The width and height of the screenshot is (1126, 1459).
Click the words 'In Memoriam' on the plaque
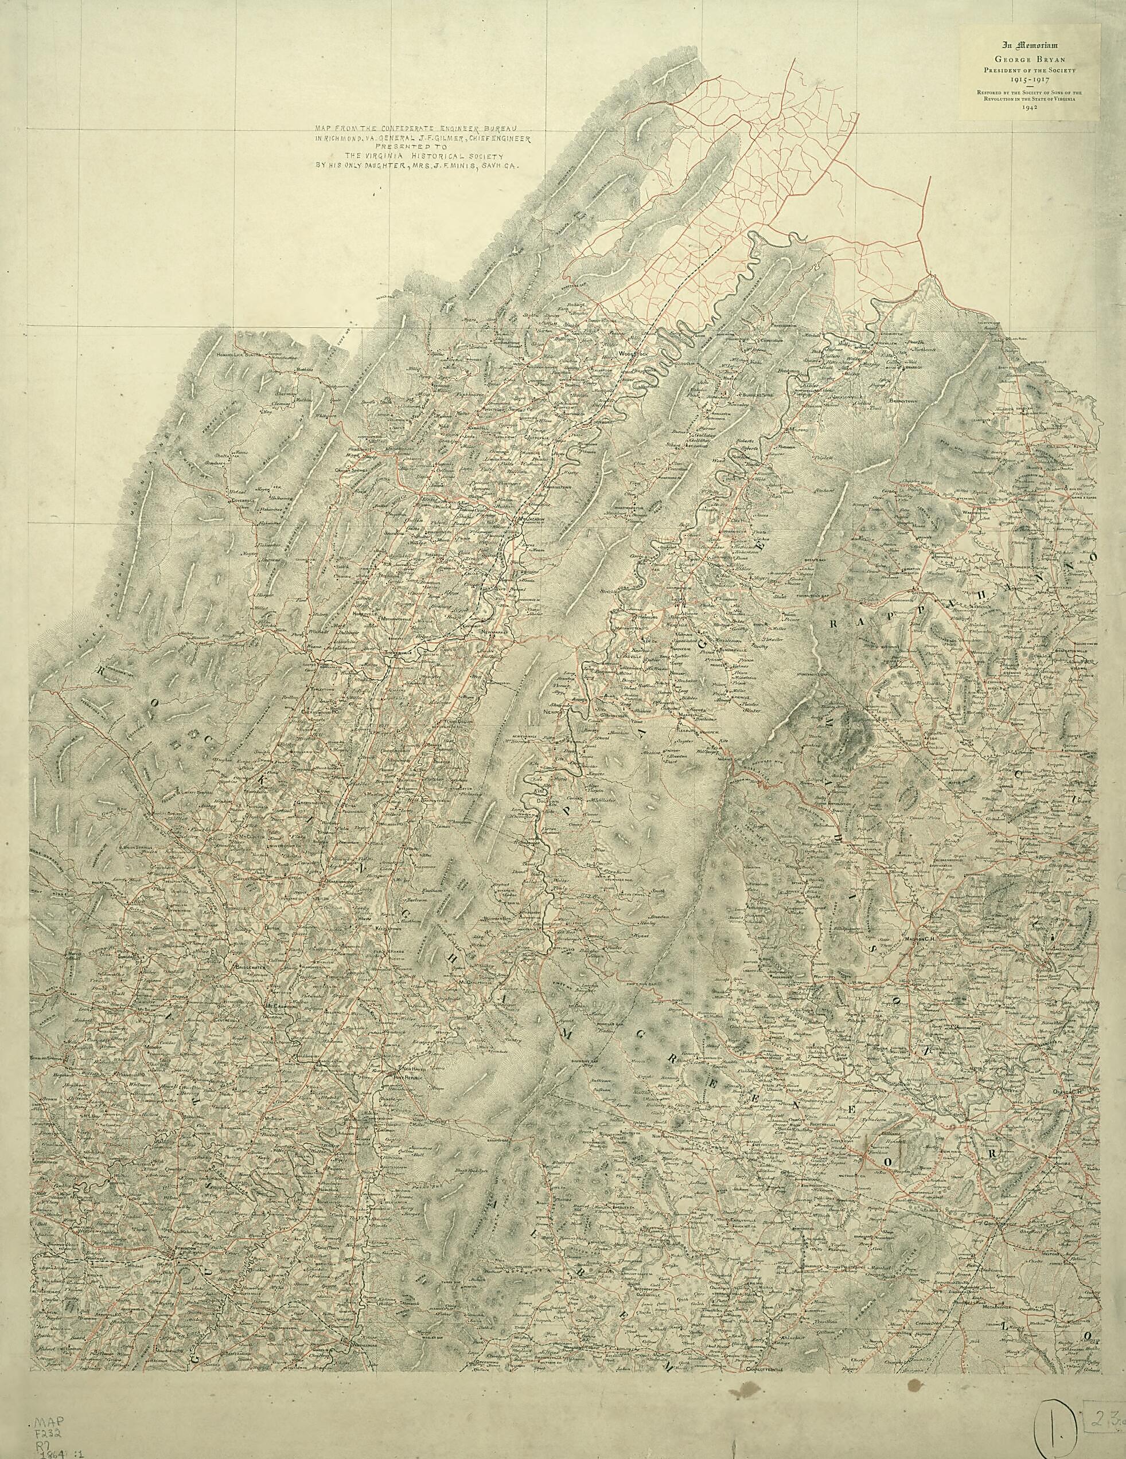tap(1029, 45)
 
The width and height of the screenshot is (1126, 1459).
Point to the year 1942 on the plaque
tap(1029, 107)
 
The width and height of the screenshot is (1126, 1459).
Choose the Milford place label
tap(798, 429)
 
